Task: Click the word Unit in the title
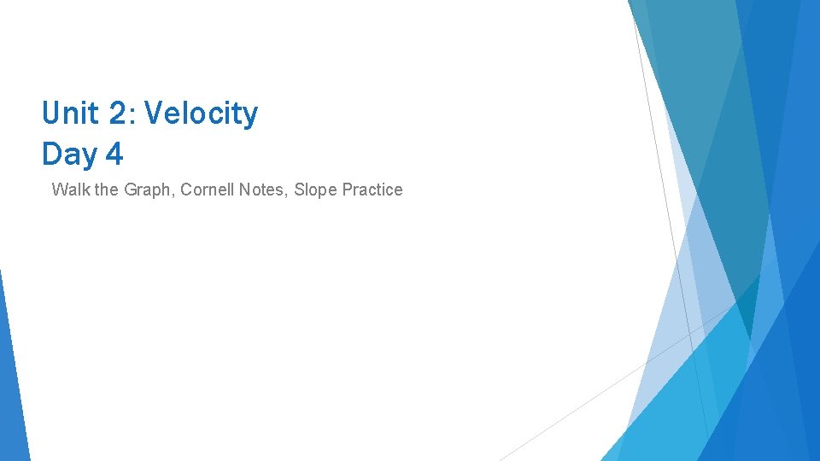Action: coord(71,114)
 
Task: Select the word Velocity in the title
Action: coord(202,114)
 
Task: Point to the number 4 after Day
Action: coord(114,155)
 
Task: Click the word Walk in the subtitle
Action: coord(69,190)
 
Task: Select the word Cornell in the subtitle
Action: coord(208,190)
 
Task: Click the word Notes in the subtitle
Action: coord(262,190)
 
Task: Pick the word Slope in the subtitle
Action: coord(314,190)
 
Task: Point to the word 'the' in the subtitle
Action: coord(108,190)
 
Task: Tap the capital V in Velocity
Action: coord(155,114)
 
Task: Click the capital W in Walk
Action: coord(59,190)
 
